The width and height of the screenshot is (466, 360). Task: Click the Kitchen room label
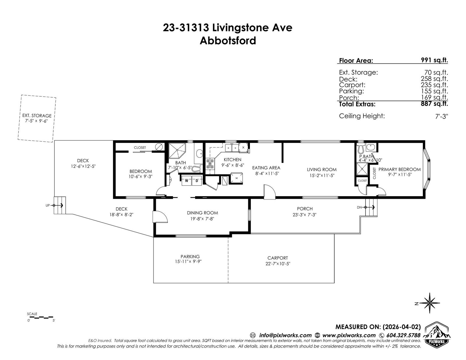[x=232, y=160]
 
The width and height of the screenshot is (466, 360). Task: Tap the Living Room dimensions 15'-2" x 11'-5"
[x=322, y=175]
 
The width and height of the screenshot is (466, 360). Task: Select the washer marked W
[x=187, y=181]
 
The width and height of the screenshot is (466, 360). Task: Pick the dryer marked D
[x=197, y=181]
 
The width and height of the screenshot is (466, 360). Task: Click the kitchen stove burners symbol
[x=210, y=164]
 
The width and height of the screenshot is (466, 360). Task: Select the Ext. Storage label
[x=37, y=116]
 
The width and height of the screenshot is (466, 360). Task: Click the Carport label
[x=278, y=258]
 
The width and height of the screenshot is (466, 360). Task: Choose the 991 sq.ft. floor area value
[x=434, y=60]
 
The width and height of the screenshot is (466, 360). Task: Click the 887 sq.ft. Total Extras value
[x=434, y=104]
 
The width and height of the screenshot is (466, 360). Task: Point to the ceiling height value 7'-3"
[x=442, y=116]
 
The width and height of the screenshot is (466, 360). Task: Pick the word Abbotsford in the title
[x=228, y=41]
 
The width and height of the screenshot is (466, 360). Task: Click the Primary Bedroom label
[x=400, y=169]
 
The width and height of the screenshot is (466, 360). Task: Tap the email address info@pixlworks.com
[x=285, y=335]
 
